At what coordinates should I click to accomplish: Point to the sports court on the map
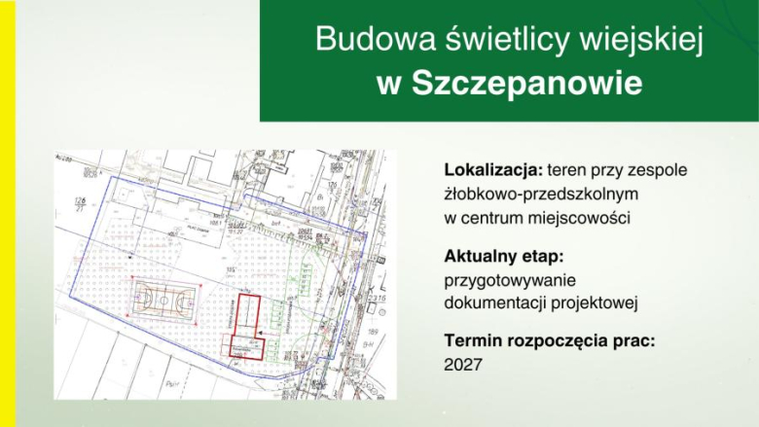[163, 300]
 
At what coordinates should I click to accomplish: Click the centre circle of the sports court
[163, 300]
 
